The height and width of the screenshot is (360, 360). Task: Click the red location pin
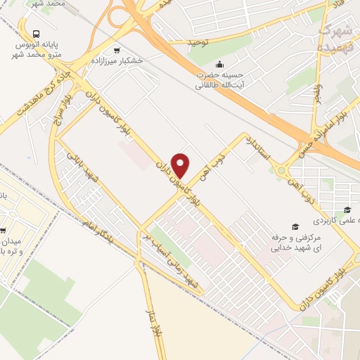pos(181,165)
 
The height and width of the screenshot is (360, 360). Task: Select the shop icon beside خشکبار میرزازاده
pos(116,50)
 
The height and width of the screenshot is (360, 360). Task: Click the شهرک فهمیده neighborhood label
pos(337,37)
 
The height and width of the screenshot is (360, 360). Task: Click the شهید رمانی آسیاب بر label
pos(170,259)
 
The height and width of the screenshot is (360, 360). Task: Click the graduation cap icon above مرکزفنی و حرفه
pos(296,226)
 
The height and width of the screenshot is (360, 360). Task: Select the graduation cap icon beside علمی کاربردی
pos(346,210)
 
